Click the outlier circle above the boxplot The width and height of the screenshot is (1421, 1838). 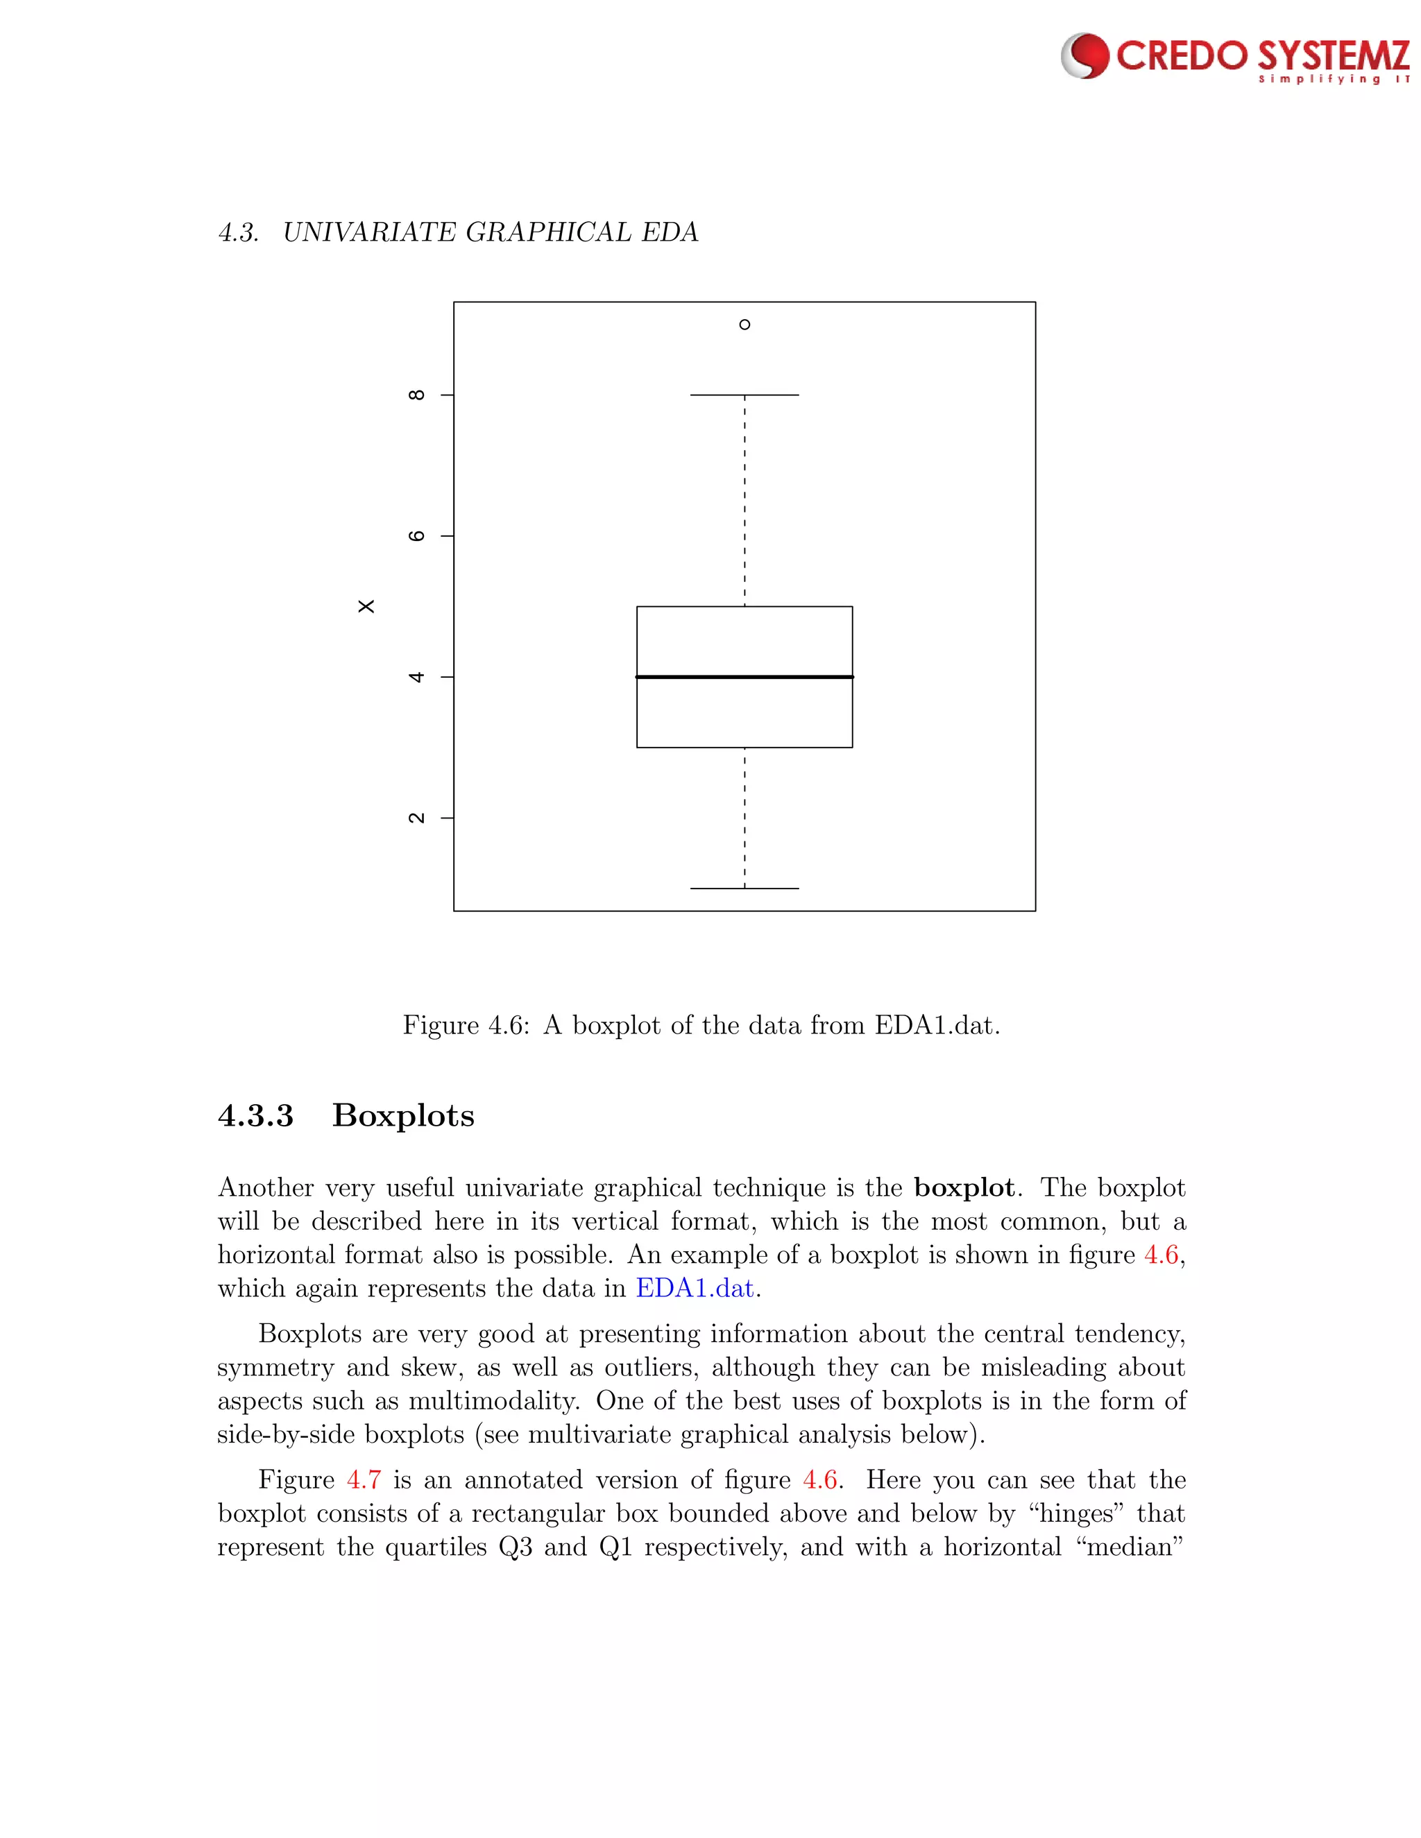pos(744,324)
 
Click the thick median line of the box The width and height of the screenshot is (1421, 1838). pos(744,677)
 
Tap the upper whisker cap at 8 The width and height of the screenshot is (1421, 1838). pos(744,395)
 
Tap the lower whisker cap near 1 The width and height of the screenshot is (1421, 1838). pos(744,888)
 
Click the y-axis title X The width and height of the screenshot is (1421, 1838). pos(366,606)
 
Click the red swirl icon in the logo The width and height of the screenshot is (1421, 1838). pos(1086,55)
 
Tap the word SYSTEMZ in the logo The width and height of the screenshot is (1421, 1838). pos(1334,55)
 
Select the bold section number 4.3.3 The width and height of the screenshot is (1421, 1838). pos(255,1116)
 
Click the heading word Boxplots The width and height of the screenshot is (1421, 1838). pos(403,1116)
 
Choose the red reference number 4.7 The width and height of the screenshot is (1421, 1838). pos(364,1479)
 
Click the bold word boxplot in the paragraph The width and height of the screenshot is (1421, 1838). pos(964,1187)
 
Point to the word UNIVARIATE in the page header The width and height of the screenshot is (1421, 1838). pos(371,232)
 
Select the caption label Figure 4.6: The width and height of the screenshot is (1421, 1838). pos(466,1025)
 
